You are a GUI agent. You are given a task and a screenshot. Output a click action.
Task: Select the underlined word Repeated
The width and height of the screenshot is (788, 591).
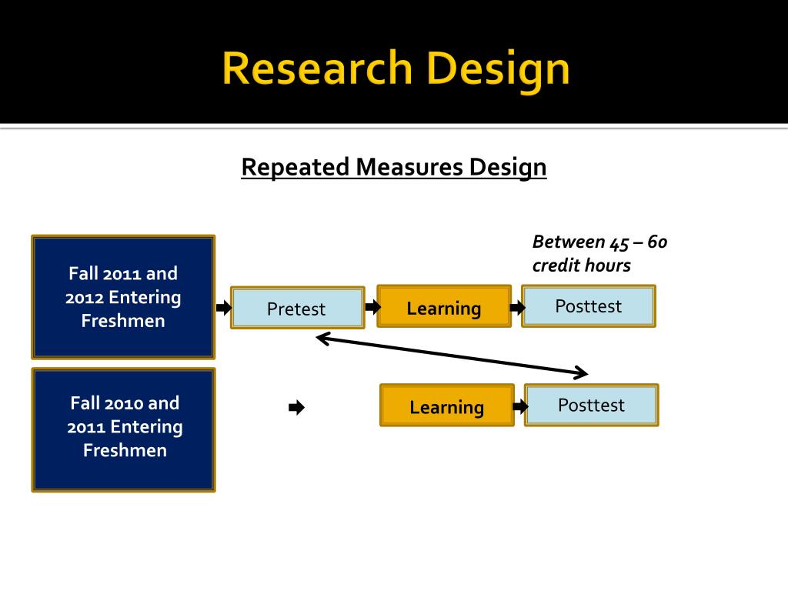296,167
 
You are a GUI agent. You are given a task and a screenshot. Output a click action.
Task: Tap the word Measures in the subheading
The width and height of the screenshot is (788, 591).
410,167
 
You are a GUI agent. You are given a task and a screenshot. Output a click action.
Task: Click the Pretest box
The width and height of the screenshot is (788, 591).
297,309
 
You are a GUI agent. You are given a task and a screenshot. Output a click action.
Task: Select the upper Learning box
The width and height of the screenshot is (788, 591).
444,308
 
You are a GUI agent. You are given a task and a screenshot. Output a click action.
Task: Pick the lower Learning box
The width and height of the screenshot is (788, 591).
446,406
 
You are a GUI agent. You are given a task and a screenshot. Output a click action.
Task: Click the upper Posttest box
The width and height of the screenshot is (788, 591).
589,306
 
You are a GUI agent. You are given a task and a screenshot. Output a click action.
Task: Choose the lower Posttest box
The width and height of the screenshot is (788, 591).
591,406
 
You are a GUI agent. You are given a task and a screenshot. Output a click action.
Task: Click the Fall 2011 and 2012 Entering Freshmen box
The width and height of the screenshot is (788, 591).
123,297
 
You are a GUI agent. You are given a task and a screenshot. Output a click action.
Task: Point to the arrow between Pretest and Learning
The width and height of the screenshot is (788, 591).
372,308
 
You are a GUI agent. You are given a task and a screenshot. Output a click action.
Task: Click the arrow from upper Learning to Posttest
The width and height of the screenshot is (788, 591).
518,308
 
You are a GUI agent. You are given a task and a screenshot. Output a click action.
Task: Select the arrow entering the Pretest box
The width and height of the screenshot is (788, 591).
224,308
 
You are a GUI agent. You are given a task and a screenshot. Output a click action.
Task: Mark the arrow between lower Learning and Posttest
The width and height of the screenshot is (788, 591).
519,406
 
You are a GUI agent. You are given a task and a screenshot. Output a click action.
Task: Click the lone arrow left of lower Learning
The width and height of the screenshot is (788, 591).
296,408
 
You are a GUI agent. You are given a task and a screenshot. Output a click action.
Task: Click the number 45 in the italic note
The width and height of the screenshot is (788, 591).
619,242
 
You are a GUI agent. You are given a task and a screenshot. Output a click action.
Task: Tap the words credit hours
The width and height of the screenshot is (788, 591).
581,265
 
